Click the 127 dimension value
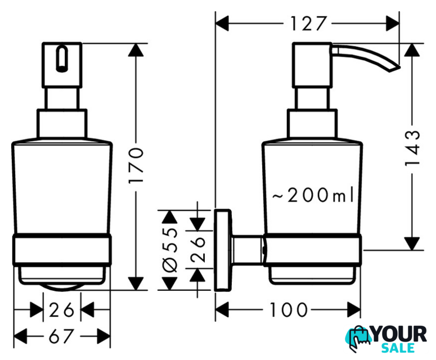[308, 24]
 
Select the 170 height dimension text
[136, 165]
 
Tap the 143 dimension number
[412, 148]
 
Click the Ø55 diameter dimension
[169, 250]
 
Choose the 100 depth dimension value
[289, 309]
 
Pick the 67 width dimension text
[61, 336]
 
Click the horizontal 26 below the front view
[62, 309]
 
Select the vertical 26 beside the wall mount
[197, 249]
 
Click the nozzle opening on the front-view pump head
[62, 59]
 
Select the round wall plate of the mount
[222, 250]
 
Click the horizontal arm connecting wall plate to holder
[247, 250]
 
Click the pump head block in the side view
[312, 65]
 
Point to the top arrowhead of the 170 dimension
[136, 50]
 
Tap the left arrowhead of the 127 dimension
[222, 24]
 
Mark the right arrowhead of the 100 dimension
[354, 309]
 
